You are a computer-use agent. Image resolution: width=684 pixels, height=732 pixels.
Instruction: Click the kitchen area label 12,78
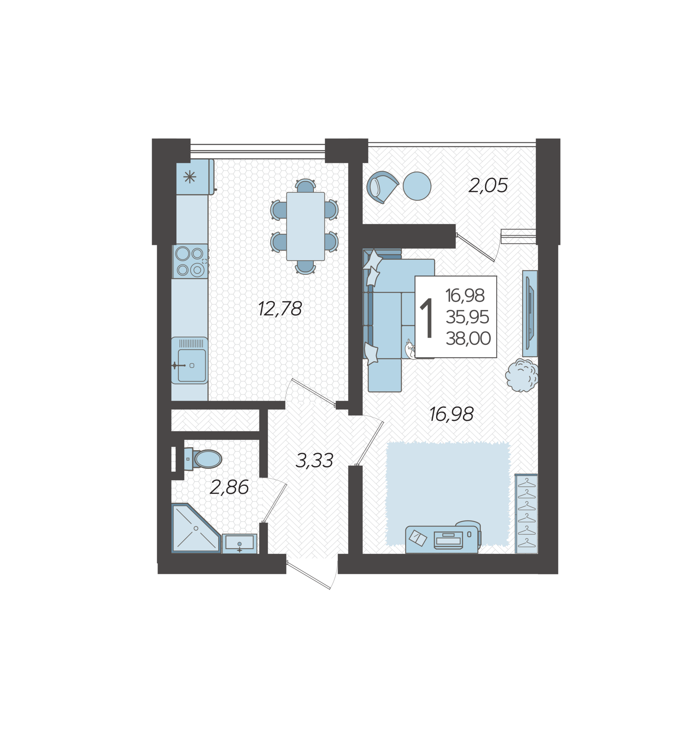point(280,309)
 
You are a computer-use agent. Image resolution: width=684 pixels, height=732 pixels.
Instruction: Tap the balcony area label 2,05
point(488,186)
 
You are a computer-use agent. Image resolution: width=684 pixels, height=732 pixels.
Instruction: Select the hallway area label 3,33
point(314,461)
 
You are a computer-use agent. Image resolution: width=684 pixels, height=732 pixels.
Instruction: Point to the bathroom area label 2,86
point(229,487)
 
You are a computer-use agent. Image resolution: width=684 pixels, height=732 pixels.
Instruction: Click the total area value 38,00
point(468,339)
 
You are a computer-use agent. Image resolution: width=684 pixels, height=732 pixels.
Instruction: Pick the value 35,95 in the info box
point(467,317)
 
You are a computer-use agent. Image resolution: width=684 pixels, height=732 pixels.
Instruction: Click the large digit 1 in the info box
point(427,318)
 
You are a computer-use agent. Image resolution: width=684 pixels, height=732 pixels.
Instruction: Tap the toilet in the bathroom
point(202,459)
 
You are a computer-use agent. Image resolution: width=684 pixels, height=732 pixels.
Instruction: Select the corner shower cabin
point(196,528)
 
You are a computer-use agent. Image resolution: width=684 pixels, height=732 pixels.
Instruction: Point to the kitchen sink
point(190,361)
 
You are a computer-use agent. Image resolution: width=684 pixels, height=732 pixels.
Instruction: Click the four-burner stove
point(190,261)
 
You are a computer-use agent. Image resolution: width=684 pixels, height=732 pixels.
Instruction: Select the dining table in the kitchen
point(305,226)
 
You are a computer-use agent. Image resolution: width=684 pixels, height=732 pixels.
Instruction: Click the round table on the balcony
point(417,186)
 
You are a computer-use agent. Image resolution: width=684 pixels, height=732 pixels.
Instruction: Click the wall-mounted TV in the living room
point(530,313)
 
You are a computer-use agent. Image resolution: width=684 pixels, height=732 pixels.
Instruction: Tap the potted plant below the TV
point(522,375)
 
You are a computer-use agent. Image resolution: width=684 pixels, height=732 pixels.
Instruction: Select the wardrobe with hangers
point(526,513)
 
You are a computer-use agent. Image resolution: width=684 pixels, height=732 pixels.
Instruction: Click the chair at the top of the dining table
point(305,186)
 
